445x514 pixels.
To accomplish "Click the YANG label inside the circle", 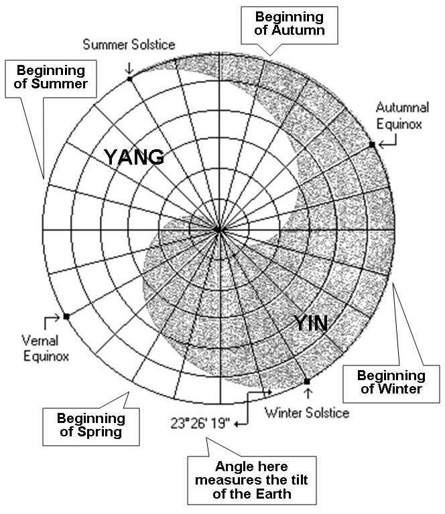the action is tap(134, 157).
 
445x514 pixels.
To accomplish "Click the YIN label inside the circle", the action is tap(310, 323).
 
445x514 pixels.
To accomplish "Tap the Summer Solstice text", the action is tap(129, 45).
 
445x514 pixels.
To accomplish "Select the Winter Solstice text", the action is tap(307, 413).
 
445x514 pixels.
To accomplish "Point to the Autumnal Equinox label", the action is tap(402, 116).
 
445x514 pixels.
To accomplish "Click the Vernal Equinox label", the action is tap(46, 348).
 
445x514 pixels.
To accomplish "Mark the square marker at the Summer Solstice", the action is tap(129, 79).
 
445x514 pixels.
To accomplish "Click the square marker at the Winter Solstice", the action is tap(307, 381).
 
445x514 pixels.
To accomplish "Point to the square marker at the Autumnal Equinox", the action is tap(372, 145).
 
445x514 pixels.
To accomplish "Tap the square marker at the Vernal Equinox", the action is tap(66, 317).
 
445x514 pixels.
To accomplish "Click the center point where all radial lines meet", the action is tap(218, 230).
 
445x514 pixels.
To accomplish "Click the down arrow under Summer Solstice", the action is tap(129, 68).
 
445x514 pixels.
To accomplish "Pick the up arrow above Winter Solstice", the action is tap(308, 394).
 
